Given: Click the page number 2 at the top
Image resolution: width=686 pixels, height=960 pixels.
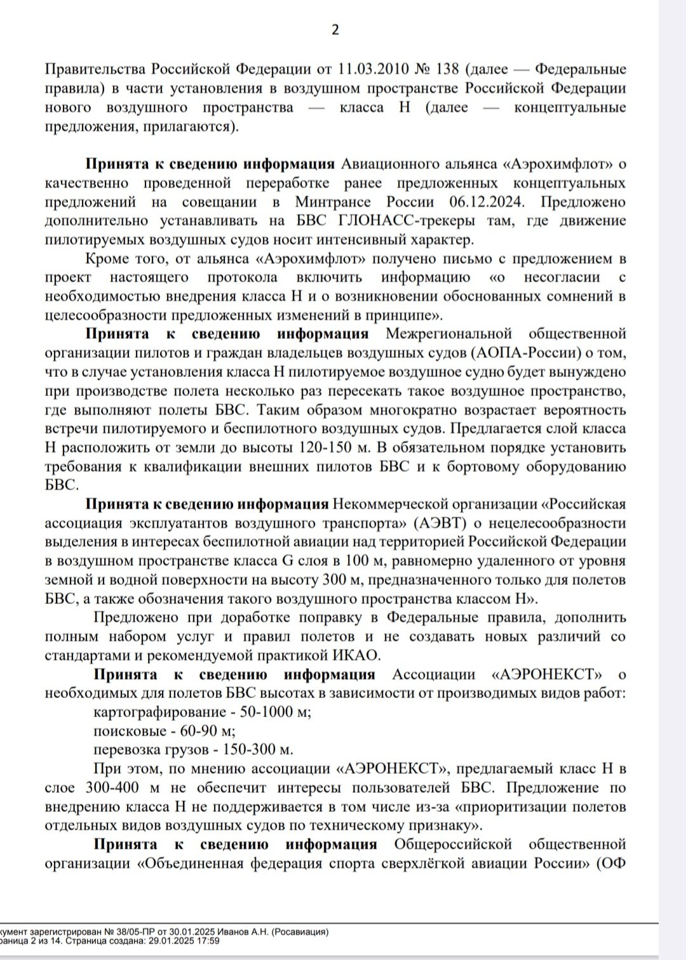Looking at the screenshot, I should click(x=336, y=29).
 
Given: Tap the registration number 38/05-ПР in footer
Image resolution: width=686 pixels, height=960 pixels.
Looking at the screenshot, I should click(x=123, y=932).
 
